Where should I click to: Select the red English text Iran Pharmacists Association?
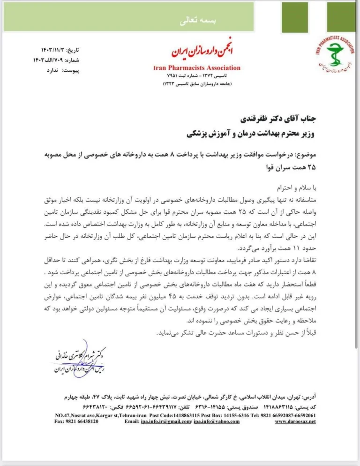click(x=197, y=68)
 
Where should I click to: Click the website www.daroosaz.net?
click(x=295, y=421)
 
